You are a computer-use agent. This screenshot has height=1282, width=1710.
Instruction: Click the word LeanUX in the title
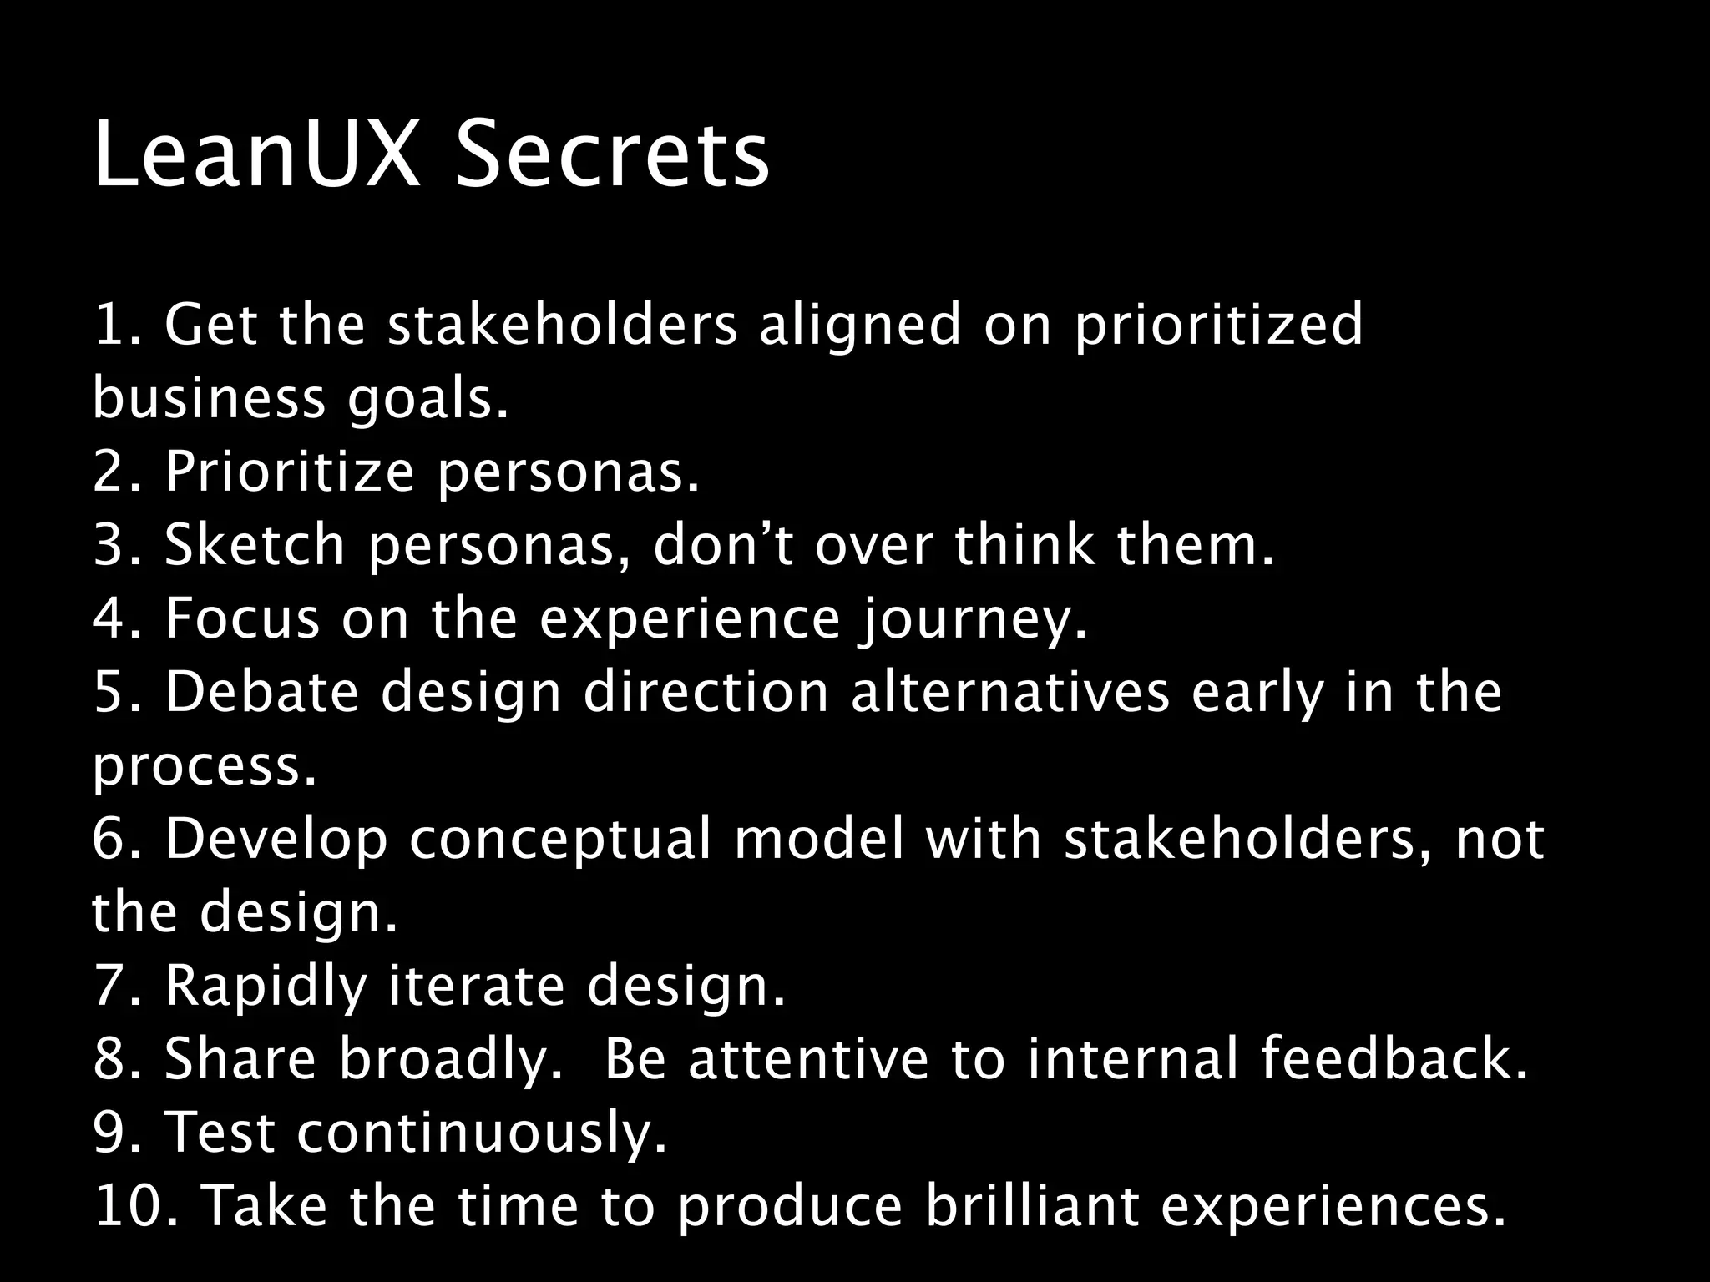255,156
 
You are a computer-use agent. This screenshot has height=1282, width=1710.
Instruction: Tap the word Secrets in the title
611,156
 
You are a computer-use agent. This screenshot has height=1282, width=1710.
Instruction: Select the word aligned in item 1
861,326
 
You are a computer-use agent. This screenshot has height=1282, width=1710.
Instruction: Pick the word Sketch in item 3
255,544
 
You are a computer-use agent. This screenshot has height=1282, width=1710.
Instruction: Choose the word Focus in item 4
242,618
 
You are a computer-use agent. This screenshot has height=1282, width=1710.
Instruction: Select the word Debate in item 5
261,692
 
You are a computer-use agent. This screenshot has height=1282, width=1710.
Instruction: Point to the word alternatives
1010,692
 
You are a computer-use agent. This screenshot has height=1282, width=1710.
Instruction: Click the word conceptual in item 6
559,839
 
